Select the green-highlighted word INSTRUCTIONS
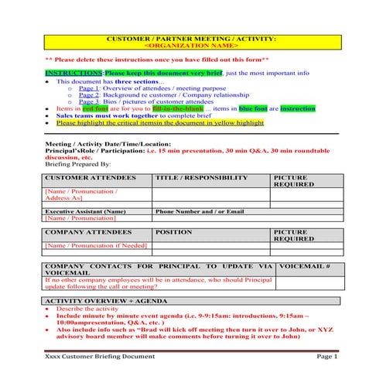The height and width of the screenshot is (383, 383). [74, 73]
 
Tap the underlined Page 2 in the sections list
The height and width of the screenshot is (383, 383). [89, 95]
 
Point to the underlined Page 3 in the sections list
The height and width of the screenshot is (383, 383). [89, 102]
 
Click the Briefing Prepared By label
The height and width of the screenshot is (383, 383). [77, 163]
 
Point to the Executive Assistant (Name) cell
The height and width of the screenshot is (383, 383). [85, 211]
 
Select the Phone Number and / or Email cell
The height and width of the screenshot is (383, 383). [200, 211]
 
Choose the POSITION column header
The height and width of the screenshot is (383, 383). [173, 231]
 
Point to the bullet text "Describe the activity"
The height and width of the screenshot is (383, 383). [87, 308]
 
